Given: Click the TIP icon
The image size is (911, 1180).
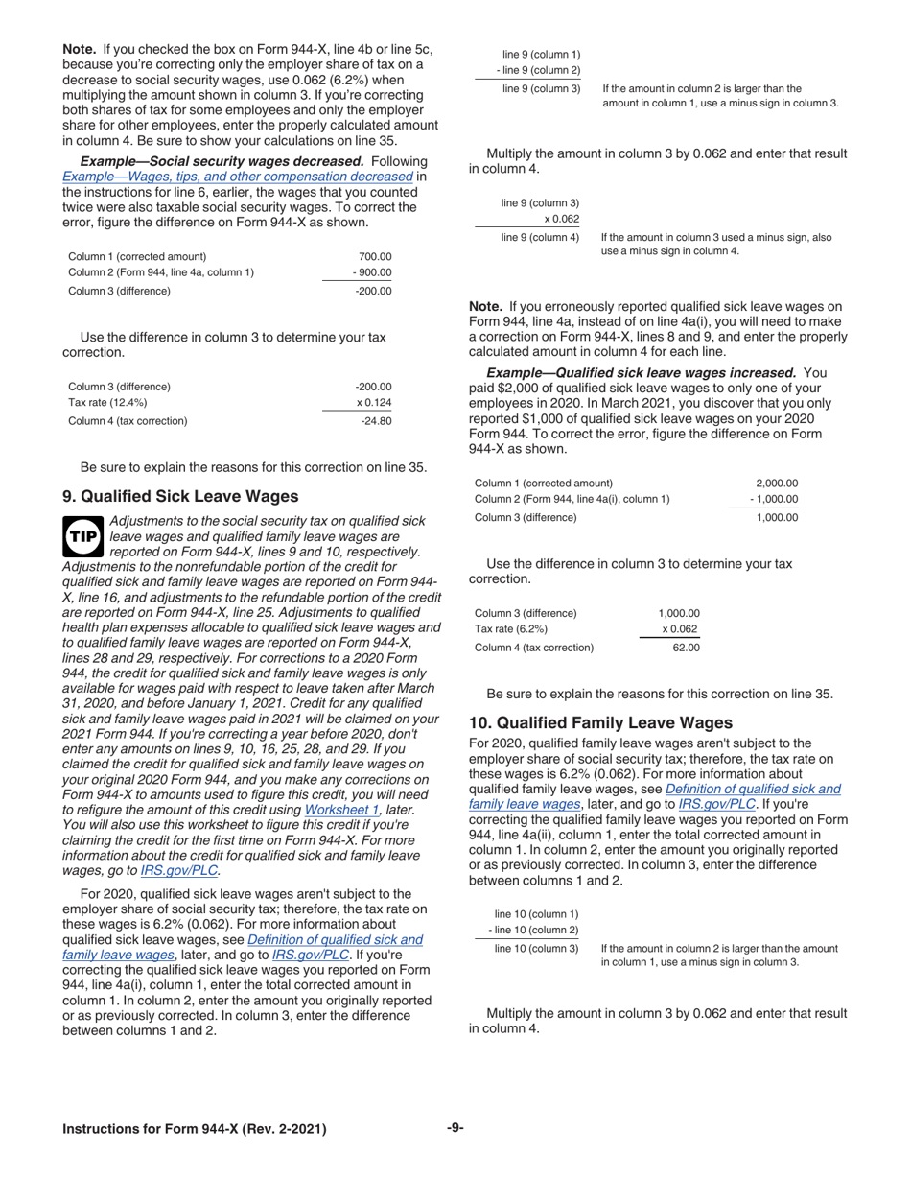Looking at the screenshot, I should tap(82, 538).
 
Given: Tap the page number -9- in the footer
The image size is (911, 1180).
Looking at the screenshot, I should tap(455, 1128).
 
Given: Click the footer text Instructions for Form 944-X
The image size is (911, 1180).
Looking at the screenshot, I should tap(194, 1129).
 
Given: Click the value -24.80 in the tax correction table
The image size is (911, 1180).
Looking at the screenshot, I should tap(376, 421).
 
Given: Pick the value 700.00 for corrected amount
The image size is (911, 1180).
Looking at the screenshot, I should tap(375, 257).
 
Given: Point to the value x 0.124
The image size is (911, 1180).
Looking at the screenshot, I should tap(374, 403).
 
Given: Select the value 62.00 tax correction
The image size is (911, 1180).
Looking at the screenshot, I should tap(686, 648).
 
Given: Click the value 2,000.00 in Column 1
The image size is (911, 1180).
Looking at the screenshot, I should tap(777, 484).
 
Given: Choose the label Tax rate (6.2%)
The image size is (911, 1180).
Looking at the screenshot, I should tap(511, 629).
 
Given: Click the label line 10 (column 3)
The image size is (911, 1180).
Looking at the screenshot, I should tap(537, 949).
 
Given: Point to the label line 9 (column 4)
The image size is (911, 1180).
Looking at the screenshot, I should tap(541, 237).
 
